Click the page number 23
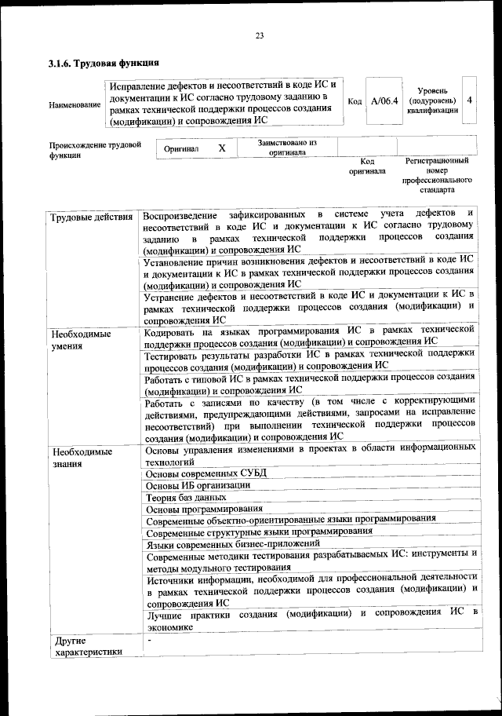pyautogui.click(x=259, y=34)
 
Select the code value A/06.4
pyautogui.click(x=385, y=101)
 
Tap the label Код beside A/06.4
pyautogui.click(x=355, y=101)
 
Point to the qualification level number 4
pyautogui.click(x=469, y=100)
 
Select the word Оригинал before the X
pyautogui.click(x=181, y=148)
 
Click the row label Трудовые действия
pyautogui.click(x=91, y=216)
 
